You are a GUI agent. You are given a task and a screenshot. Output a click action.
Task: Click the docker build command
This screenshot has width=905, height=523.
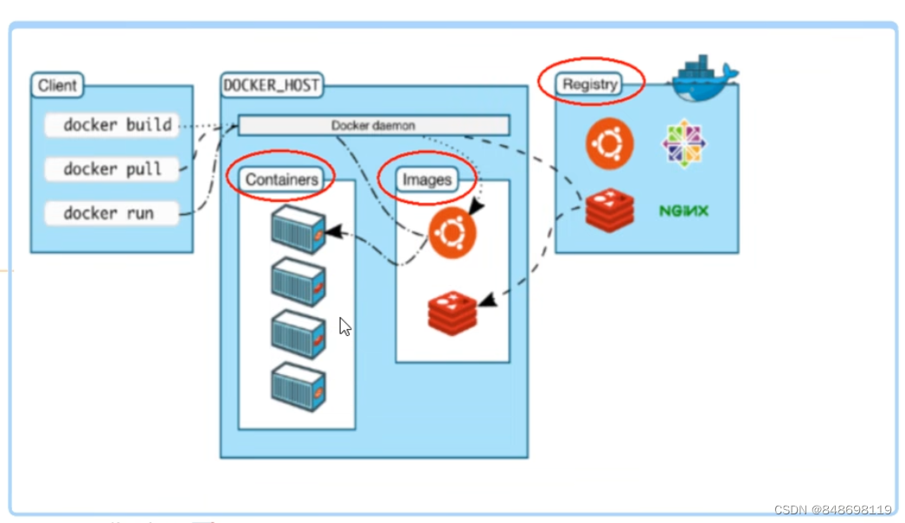(x=112, y=126)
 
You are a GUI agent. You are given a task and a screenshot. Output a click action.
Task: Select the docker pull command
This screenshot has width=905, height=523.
(x=112, y=169)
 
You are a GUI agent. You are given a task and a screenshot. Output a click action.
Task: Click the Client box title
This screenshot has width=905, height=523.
(x=58, y=86)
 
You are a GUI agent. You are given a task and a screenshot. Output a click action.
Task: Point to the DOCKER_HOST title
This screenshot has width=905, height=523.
(x=271, y=86)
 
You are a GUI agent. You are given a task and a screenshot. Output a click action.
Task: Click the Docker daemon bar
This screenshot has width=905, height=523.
(x=374, y=126)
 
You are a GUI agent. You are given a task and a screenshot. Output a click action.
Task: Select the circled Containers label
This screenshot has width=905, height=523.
(x=282, y=179)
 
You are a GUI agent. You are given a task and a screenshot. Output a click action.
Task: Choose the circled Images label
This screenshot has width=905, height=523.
(x=427, y=179)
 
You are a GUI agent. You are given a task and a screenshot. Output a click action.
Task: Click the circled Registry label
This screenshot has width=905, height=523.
(x=590, y=84)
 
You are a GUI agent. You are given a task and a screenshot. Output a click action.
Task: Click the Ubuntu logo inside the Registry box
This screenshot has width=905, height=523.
(x=609, y=144)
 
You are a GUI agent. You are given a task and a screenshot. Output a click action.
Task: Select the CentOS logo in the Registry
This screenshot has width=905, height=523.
(x=684, y=144)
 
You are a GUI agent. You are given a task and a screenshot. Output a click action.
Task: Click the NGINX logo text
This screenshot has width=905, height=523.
(x=684, y=210)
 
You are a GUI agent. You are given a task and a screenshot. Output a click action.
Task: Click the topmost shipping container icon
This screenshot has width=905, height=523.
(x=298, y=229)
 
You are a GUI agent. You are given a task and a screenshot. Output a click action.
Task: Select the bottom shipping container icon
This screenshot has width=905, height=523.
(x=298, y=387)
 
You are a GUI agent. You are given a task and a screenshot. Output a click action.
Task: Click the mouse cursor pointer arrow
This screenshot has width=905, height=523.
(x=344, y=326)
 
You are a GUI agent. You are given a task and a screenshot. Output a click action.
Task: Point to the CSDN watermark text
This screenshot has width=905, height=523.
(x=832, y=509)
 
